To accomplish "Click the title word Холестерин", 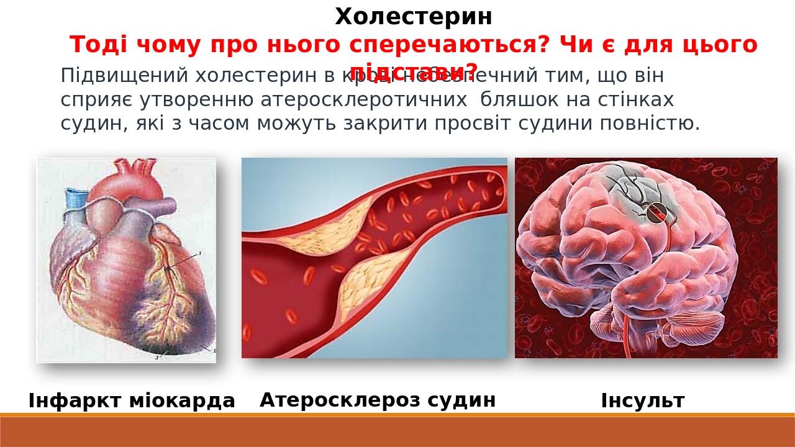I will coord(414,17).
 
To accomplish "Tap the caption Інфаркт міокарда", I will coord(132,401).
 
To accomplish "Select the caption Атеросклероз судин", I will coord(378,400).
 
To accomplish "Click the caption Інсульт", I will coord(642,401).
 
